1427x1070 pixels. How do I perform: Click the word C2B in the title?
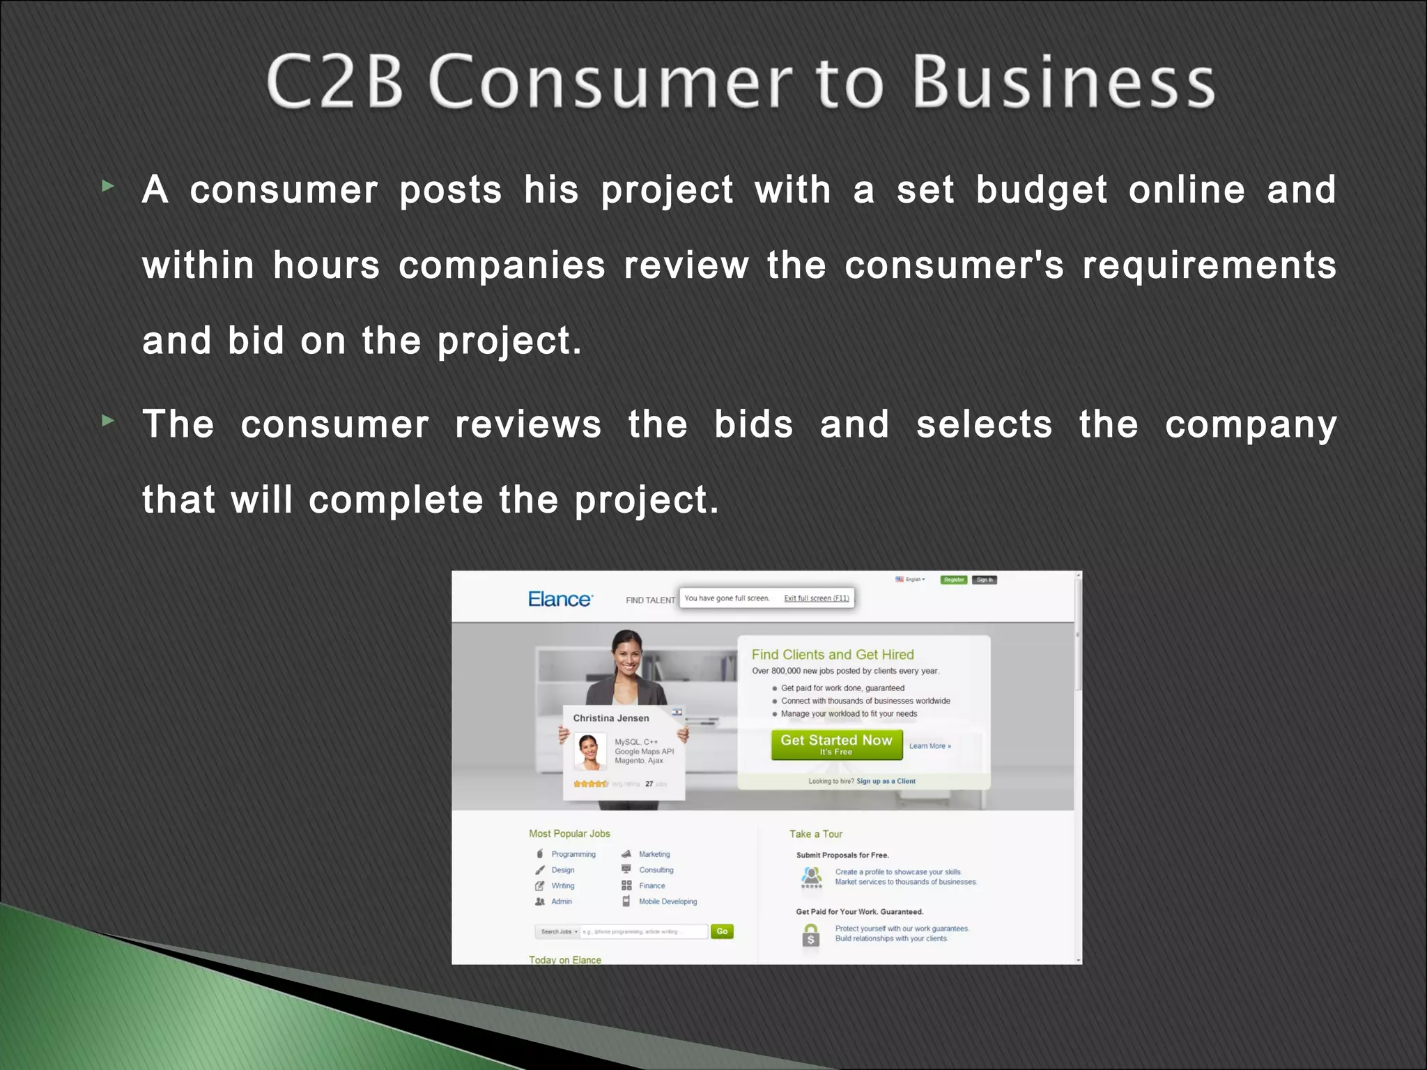(335, 82)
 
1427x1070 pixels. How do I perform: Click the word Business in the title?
(1065, 82)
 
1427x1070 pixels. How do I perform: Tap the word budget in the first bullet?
(1042, 191)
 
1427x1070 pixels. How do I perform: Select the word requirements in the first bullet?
(1210, 266)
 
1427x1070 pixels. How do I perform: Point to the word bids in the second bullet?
(754, 425)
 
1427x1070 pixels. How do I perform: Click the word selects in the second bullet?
(984, 425)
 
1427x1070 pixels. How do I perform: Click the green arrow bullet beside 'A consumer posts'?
(107, 186)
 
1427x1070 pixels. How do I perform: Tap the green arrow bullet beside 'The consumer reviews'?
(107, 421)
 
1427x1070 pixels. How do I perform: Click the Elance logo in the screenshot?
(560, 599)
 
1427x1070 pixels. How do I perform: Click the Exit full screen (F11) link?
(817, 598)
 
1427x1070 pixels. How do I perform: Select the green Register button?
(954, 580)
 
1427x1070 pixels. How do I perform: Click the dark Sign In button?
(985, 580)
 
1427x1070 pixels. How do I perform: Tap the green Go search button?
(722, 931)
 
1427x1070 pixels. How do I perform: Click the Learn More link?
(930, 746)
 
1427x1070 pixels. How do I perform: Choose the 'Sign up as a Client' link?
(886, 782)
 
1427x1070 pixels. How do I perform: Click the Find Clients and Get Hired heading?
(833, 655)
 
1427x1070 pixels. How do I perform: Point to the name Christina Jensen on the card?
(611, 718)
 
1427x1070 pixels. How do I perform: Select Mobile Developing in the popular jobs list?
(668, 901)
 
